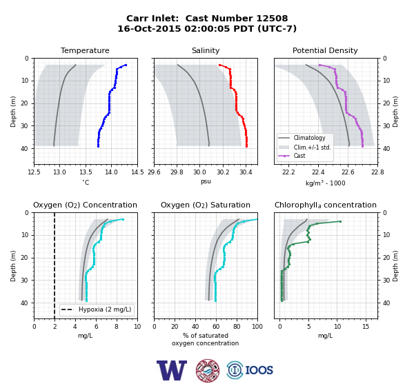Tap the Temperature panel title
pos(85,50)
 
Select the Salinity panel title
pos(206,50)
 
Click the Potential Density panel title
pos(325,50)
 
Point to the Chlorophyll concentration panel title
pos(326,205)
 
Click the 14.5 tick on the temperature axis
pos(137,172)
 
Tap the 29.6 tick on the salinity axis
pos(154,172)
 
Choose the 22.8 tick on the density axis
pos(377,172)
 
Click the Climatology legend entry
pos(309,138)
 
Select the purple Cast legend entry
pos(299,156)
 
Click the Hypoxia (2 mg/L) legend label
pos(105,309)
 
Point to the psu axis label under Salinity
pos(206,181)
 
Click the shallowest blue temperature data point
pos(126,65)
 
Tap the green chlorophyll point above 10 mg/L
pos(340,222)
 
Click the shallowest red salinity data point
pos(219,65)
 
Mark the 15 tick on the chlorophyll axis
pos(366,327)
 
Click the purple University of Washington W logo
pos(172,370)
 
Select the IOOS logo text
pos(259,370)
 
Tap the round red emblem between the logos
pos(208,370)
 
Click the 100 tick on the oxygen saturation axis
pos(257,327)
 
